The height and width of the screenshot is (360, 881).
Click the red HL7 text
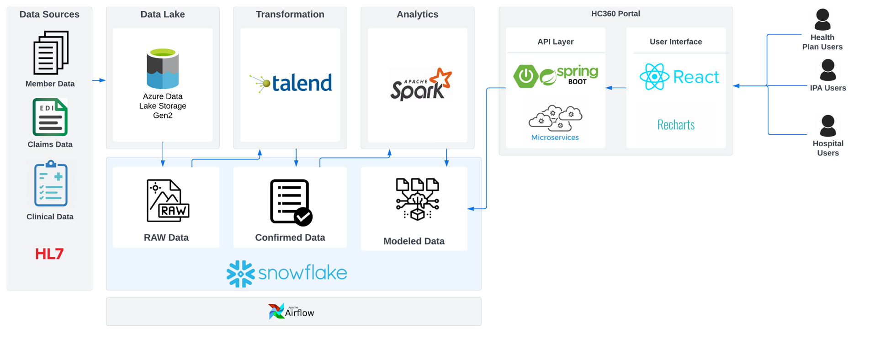tap(49, 254)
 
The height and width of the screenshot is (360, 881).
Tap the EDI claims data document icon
tap(50, 117)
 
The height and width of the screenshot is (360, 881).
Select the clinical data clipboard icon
tap(51, 183)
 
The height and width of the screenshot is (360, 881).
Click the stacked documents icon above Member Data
tap(51, 53)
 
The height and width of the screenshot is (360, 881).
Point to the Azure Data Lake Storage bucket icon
tap(163, 69)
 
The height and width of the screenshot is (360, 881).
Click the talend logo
tap(291, 83)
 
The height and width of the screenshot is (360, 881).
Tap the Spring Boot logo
tap(556, 76)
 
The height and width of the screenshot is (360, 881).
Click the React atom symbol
tap(654, 77)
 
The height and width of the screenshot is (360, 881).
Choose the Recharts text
tap(676, 125)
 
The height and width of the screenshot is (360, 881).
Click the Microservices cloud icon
tap(555, 118)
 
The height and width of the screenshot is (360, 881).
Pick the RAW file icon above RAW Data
tap(167, 201)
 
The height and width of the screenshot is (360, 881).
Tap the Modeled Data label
tap(414, 241)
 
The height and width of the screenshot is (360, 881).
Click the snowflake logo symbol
tap(240, 274)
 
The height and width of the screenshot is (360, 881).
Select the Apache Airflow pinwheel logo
tap(276, 312)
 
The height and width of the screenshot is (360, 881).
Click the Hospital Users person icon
tap(828, 126)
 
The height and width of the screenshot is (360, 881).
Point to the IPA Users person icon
tap(828, 70)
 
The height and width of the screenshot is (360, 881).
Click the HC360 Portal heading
tap(615, 14)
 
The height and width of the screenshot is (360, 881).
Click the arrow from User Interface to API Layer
tap(616, 88)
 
